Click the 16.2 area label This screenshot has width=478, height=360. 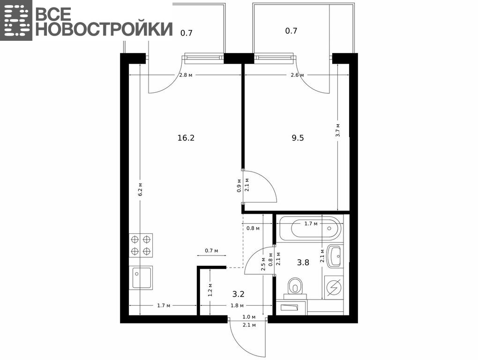point(186,138)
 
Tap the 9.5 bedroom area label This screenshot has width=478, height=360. point(298,138)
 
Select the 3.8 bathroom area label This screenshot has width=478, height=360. point(303,262)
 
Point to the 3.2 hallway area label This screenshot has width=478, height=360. point(239,294)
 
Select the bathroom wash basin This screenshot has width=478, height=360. point(335,256)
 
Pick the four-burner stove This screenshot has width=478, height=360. point(141,245)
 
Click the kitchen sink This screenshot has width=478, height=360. point(141,277)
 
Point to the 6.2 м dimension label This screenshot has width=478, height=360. point(141,189)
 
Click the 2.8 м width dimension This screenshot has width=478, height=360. point(186,75)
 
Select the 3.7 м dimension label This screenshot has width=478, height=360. point(338,130)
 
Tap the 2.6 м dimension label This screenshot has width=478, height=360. point(297,75)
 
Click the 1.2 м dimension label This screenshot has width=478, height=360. point(210,290)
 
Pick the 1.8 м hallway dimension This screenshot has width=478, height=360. point(237,306)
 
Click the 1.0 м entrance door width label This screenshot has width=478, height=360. point(249,317)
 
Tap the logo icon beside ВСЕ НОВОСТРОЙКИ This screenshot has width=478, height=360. point(16,20)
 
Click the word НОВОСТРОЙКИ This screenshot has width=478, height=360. point(105,29)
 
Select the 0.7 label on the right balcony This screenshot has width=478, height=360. point(291,31)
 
